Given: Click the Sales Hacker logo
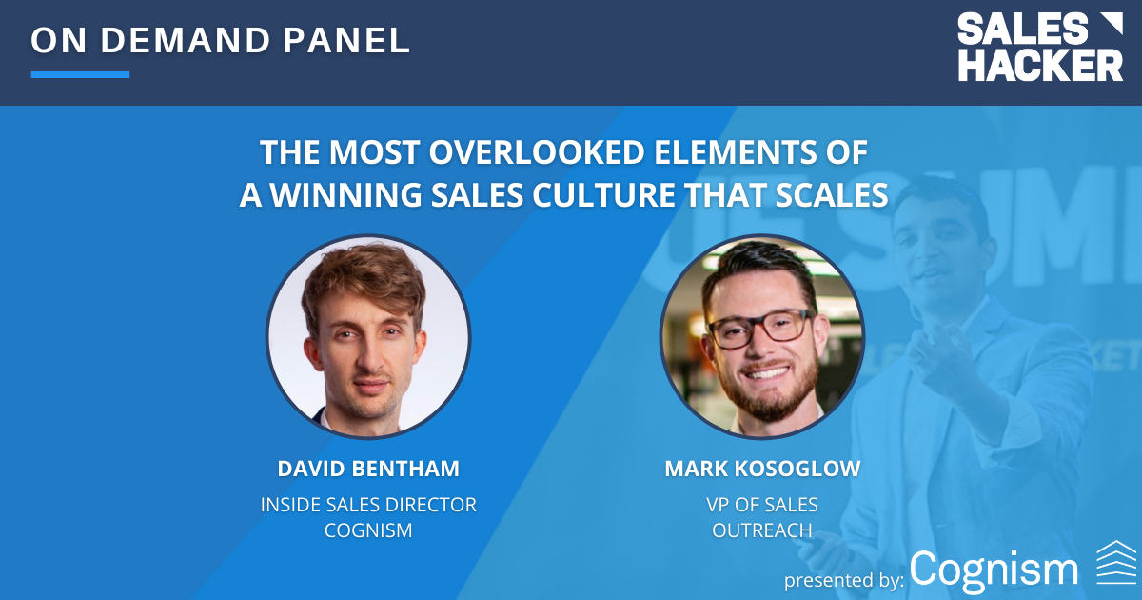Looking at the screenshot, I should point(1039,48).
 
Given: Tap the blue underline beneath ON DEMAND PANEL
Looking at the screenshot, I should point(80,74).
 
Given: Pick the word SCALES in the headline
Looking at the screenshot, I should point(825,193).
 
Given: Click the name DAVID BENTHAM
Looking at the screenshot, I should point(367,469).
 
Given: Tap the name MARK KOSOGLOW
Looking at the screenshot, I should point(762,469).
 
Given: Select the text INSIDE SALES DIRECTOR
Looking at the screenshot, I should point(367,505).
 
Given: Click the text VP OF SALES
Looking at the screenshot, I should point(762,505).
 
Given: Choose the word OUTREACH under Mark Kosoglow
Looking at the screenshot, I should point(762,530).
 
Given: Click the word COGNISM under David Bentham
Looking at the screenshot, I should point(367,530).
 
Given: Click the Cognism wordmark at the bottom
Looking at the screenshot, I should point(994,569).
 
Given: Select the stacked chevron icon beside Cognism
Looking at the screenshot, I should point(1115,562).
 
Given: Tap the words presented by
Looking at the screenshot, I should point(843,578).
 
